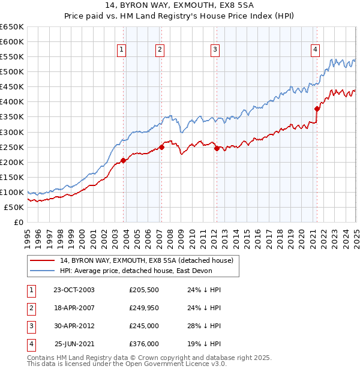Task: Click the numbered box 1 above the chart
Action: (x=122, y=50)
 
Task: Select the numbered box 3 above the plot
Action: (x=215, y=50)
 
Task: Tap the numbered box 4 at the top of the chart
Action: (x=315, y=50)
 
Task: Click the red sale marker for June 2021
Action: (x=317, y=109)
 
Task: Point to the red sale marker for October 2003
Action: (x=124, y=160)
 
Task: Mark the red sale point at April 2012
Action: (x=217, y=148)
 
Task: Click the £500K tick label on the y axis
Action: (x=12, y=72)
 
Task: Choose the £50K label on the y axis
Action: (x=14, y=208)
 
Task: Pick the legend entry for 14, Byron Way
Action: (x=150, y=260)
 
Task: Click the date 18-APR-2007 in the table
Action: (x=74, y=308)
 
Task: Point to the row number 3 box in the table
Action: (x=29, y=326)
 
